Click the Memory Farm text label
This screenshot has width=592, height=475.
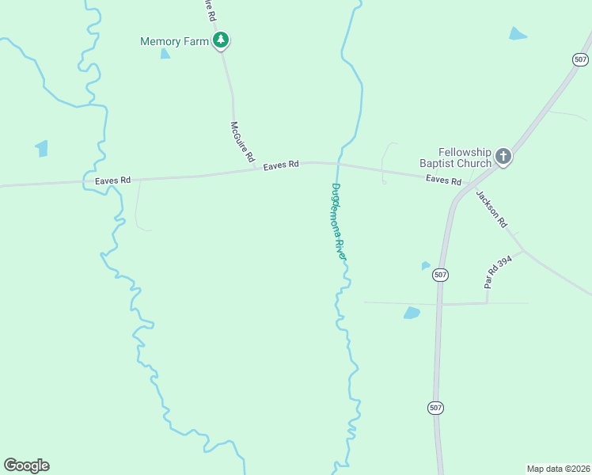click(x=174, y=41)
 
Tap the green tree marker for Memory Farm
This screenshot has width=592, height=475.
click(x=222, y=40)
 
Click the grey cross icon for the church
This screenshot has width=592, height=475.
click(x=503, y=157)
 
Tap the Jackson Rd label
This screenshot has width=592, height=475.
click(x=491, y=209)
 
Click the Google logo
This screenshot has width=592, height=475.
click(x=26, y=465)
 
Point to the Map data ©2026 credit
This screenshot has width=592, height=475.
click(x=559, y=468)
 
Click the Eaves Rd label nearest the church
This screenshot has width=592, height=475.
click(x=443, y=180)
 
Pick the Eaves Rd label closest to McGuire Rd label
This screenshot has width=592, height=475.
click(x=281, y=165)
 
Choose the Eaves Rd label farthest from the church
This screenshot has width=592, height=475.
click(x=112, y=180)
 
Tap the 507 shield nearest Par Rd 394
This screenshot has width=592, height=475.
click(x=441, y=275)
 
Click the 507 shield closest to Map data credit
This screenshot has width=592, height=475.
click(x=436, y=408)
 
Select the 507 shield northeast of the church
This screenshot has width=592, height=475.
click(x=581, y=59)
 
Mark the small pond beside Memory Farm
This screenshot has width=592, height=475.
click(x=165, y=54)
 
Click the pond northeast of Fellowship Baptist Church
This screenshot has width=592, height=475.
click(x=518, y=33)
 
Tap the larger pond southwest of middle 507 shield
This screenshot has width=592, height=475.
click(x=412, y=313)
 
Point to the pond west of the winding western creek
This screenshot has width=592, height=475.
click(x=42, y=148)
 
